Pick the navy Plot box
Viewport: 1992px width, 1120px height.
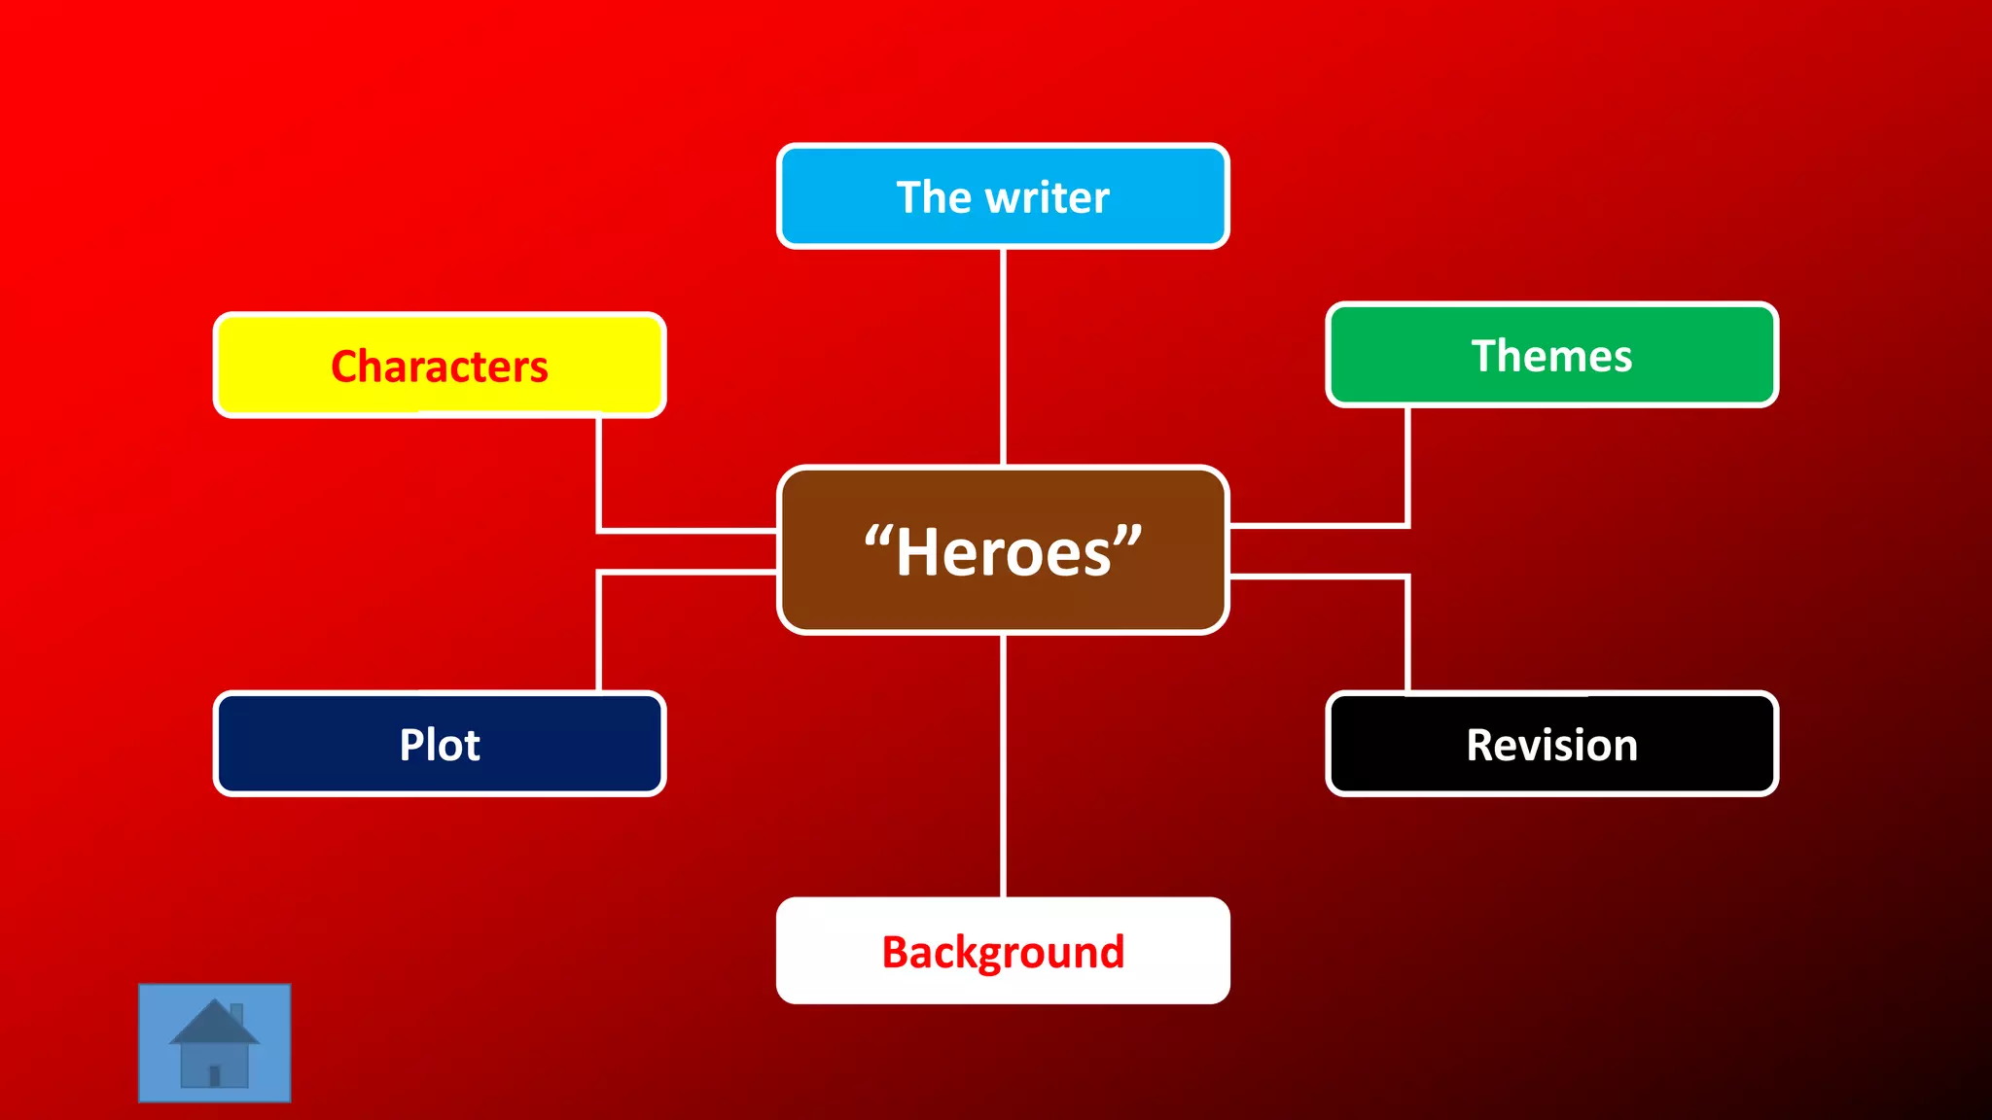tap(440, 744)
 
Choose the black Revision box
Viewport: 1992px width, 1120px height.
tap(1551, 744)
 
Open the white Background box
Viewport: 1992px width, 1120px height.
tap(1003, 950)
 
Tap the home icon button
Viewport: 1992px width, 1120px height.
tap(214, 1042)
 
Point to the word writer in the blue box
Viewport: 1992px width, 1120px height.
tap(1048, 197)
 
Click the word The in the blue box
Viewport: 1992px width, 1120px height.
tap(934, 197)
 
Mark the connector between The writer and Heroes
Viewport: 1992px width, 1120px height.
tap(1003, 357)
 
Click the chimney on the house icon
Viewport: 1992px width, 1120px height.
tap(236, 1014)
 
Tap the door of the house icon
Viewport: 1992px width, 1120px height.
tap(215, 1075)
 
